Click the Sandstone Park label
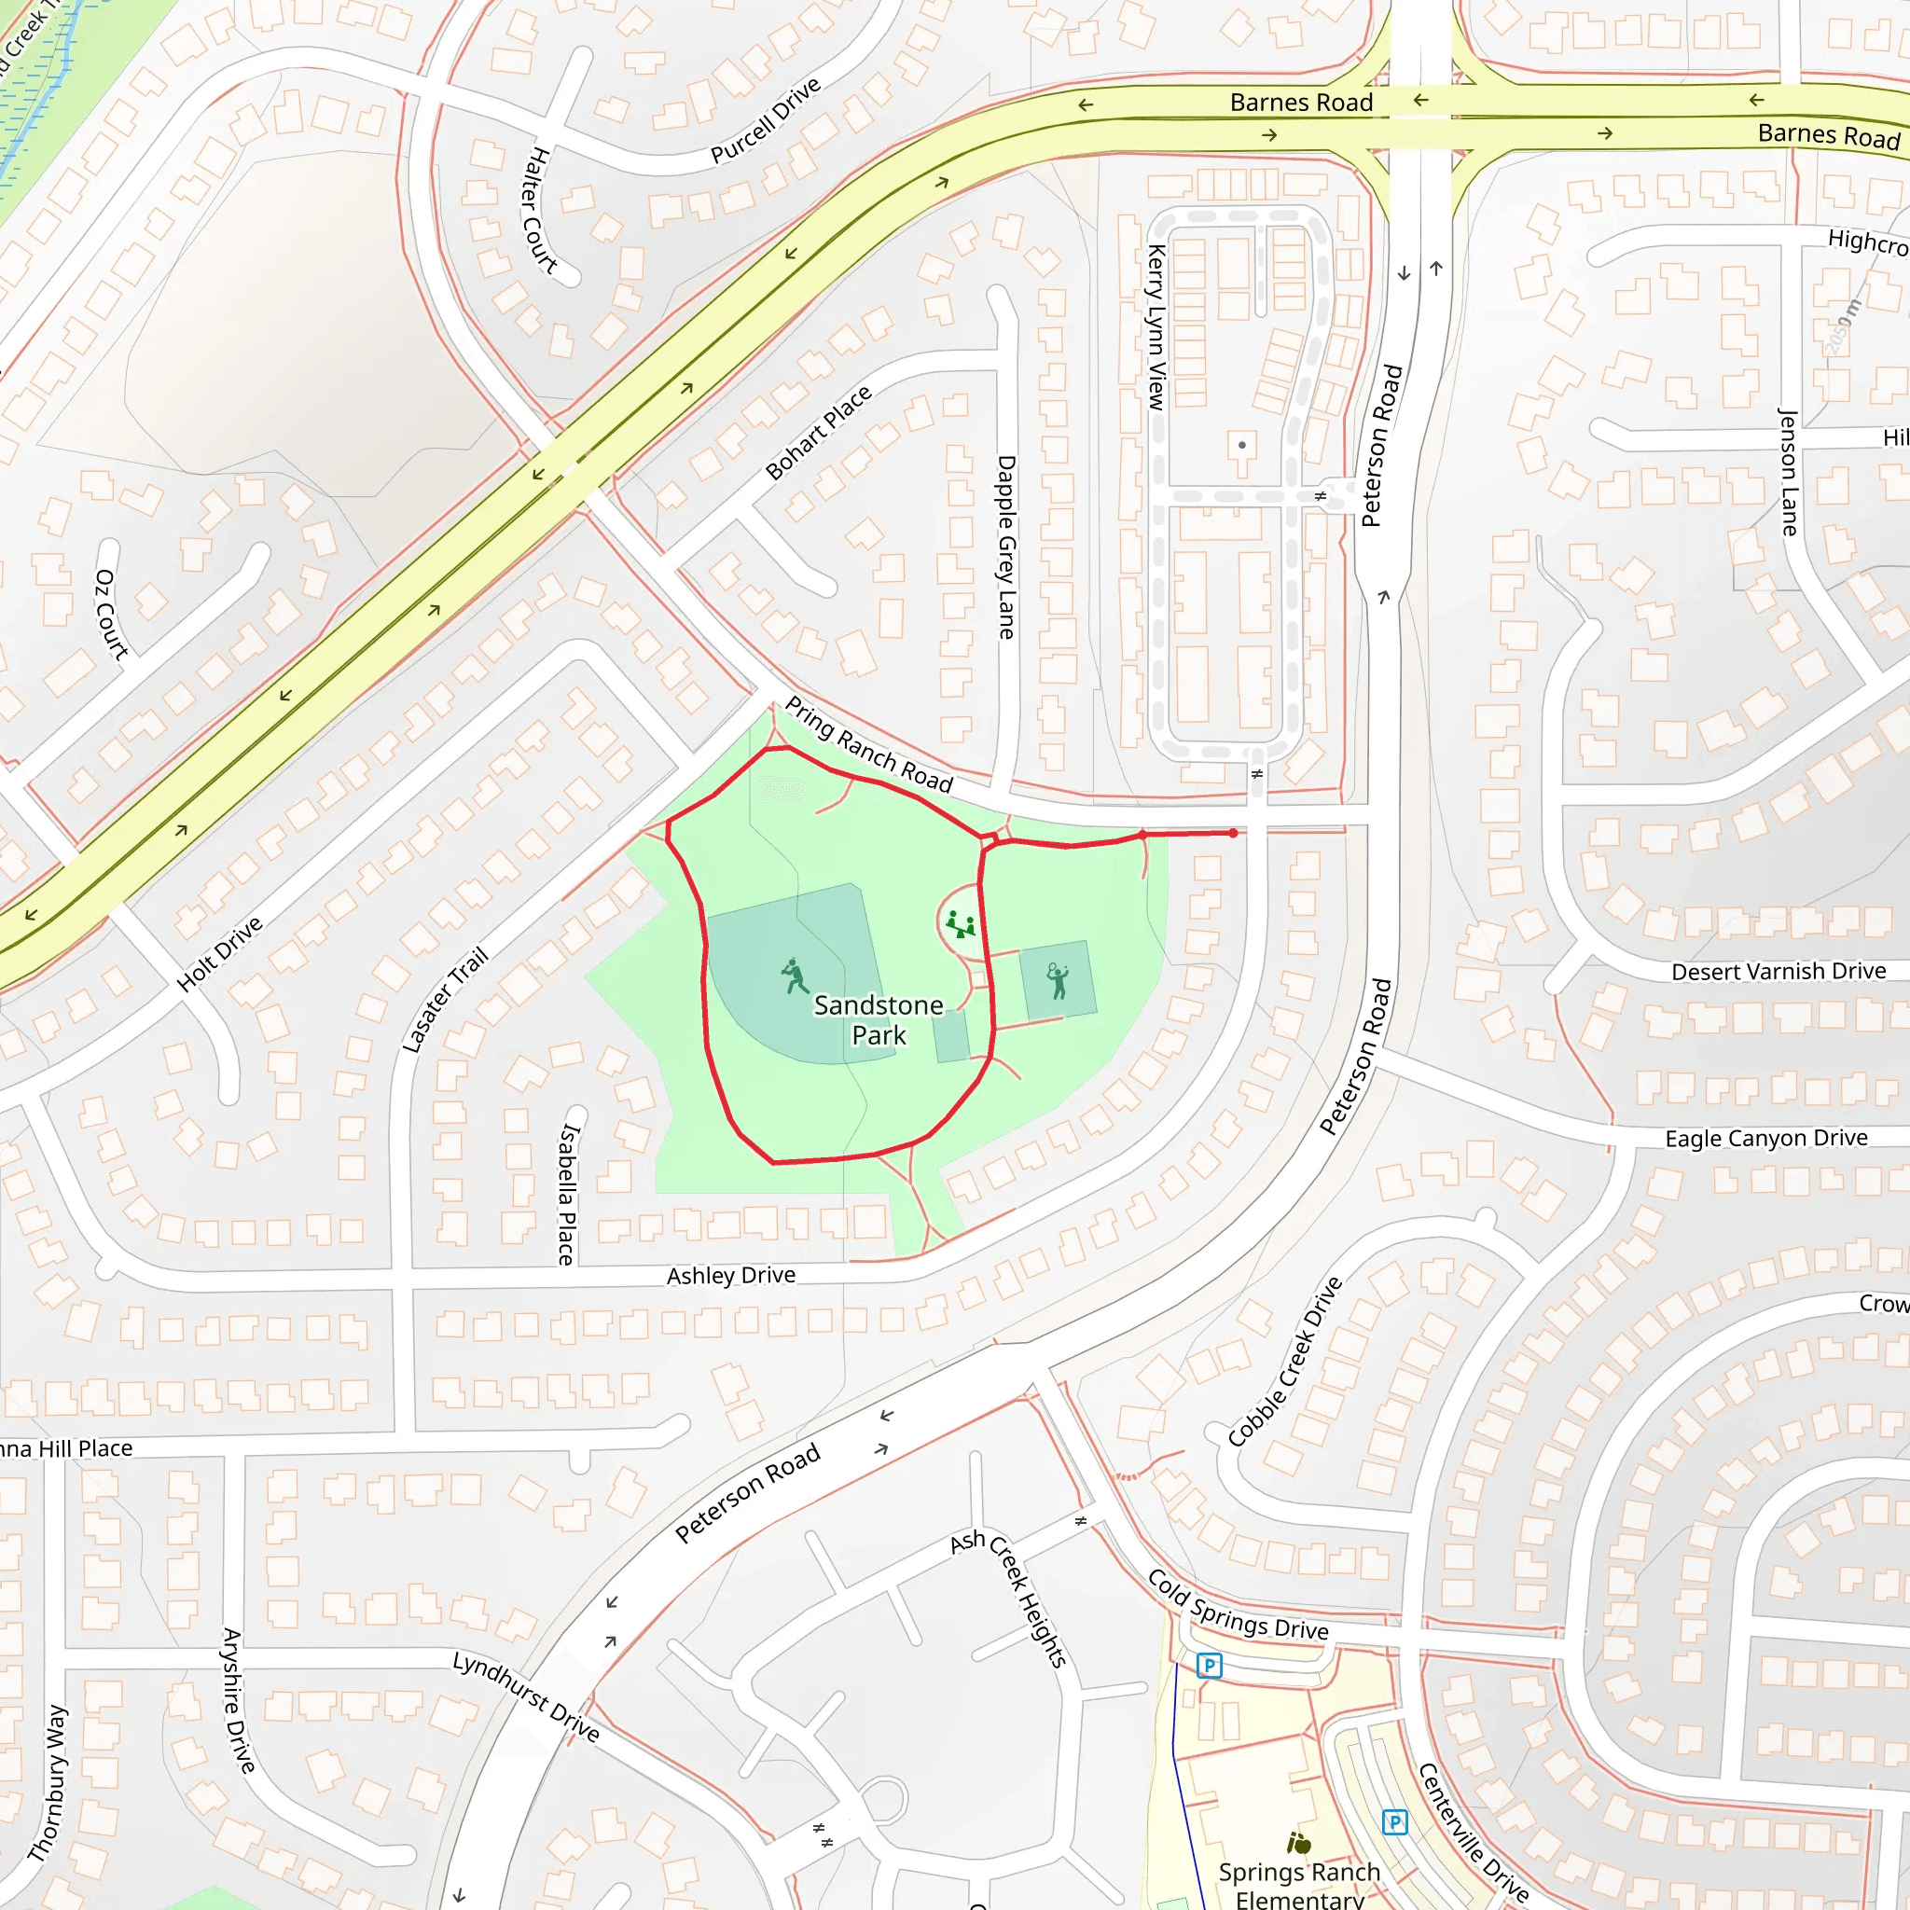tap(878, 1019)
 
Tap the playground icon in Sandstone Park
tap(960, 925)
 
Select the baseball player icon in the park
tap(794, 976)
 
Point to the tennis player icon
tap(1058, 981)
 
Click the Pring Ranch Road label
tap(869, 745)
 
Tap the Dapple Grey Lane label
tap(1006, 547)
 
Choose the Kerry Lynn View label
tap(1156, 327)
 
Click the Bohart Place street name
tap(819, 432)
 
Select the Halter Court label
tap(539, 210)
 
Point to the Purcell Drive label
tap(767, 119)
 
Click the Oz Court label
tap(112, 614)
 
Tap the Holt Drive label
tap(219, 953)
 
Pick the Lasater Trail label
tap(446, 1000)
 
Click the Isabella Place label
tap(566, 1195)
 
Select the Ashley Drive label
tap(730, 1275)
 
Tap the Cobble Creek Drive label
tap(1285, 1362)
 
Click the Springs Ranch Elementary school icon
tap(1299, 1843)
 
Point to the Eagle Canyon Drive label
tap(1766, 1138)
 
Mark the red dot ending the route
tap(1234, 834)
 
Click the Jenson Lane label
tap(1789, 473)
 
